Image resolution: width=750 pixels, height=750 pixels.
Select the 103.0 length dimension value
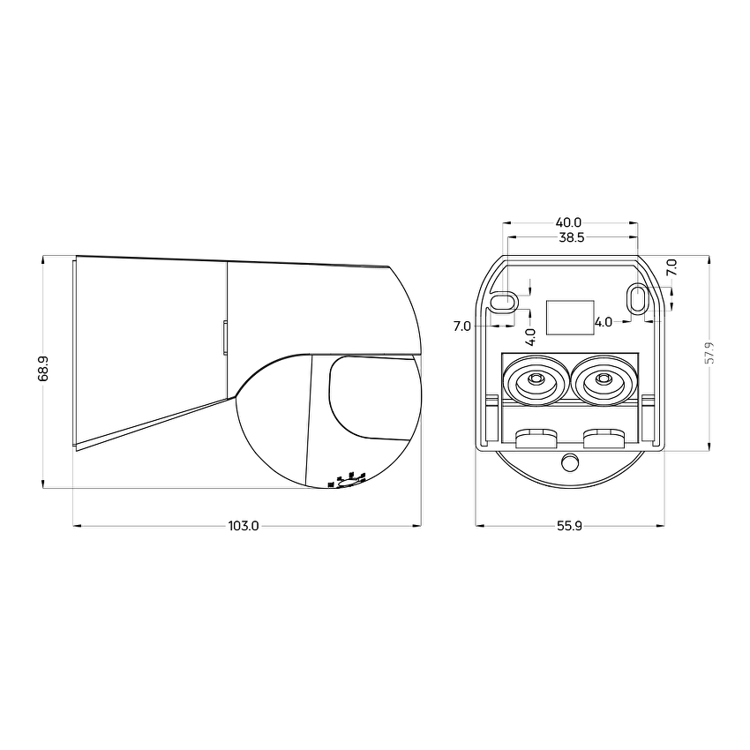pyautogui.click(x=244, y=526)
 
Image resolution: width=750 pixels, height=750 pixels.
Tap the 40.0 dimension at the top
pyautogui.click(x=568, y=222)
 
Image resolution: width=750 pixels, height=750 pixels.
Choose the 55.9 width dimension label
pyautogui.click(x=569, y=526)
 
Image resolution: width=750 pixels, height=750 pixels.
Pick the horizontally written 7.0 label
pyautogui.click(x=461, y=326)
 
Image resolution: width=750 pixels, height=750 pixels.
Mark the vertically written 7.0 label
pyautogui.click(x=671, y=268)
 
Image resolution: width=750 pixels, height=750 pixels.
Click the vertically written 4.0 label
pyautogui.click(x=530, y=336)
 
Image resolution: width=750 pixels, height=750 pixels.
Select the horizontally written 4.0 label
pyautogui.click(x=604, y=322)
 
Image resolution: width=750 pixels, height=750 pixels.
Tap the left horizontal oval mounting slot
pyautogui.click(x=502, y=302)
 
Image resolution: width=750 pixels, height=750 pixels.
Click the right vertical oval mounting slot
pyautogui.click(x=637, y=298)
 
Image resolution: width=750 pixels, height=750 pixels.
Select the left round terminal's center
pyautogui.click(x=534, y=381)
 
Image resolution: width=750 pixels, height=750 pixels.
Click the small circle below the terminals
pyautogui.click(x=570, y=462)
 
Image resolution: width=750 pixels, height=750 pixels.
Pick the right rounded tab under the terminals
pyautogui.click(x=604, y=436)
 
